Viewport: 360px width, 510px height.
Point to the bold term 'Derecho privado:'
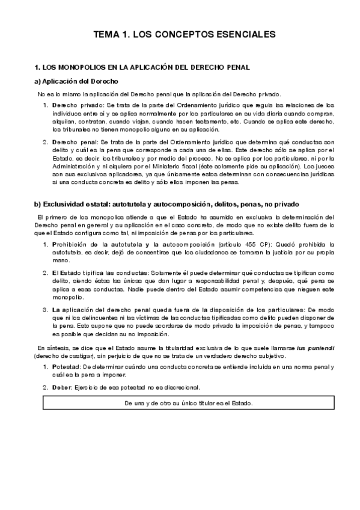pyautogui.click(x=75, y=105)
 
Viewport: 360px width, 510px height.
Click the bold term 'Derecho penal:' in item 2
pyautogui.click(x=73, y=142)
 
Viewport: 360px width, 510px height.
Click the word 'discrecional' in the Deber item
pyautogui.click(x=180, y=387)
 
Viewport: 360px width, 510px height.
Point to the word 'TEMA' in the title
pyautogui.click(x=106, y=34)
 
